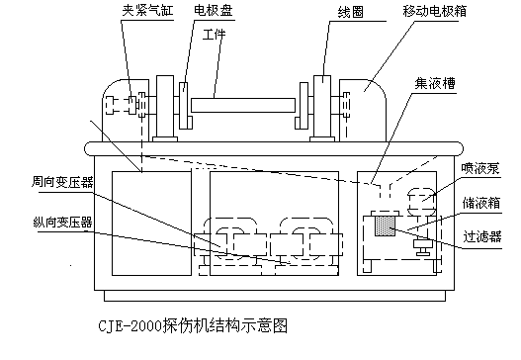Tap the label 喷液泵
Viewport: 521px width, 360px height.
[481, 169]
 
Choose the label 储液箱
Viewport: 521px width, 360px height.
[481, 202]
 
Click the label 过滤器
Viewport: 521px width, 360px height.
[481, 236]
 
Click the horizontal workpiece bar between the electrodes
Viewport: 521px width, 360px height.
[246, 103]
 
